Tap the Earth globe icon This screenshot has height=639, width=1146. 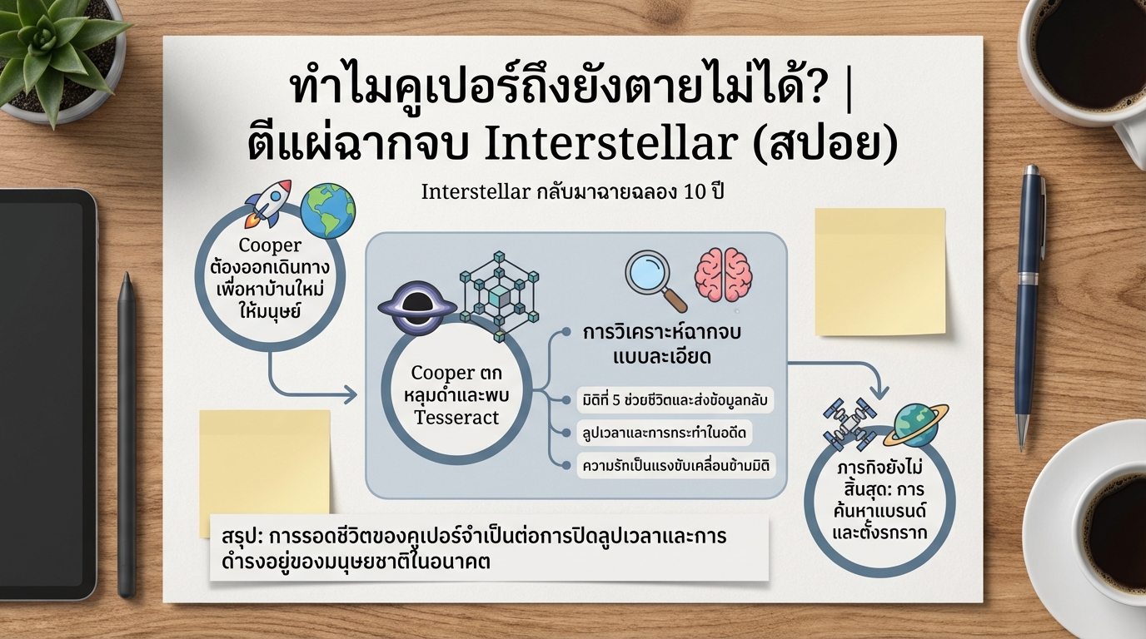click(328, 211)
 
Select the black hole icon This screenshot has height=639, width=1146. click(416, 307)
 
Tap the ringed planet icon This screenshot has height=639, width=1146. click(915, 424)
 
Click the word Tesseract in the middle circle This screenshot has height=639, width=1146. click(456, 417)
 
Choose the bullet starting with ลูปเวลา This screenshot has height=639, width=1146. click(664, 433)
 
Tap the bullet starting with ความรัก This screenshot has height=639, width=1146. click(675, 465)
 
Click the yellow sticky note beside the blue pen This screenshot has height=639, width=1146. click(879, 271)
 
